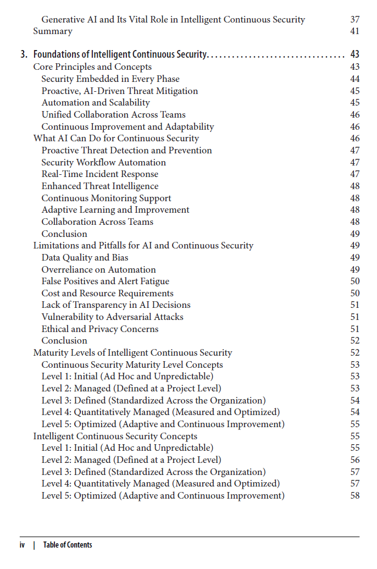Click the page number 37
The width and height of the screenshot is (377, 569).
tap(354, 19)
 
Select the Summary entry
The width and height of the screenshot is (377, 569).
tap(53, 31)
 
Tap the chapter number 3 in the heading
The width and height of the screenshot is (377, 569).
tap(23, 54)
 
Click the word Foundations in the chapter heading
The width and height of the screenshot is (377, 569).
tap(56, 54)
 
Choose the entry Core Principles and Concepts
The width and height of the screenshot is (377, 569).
tap(92, 67)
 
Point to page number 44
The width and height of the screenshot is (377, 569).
tap(354, 79)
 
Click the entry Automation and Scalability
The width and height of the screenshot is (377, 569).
tap(96, 103)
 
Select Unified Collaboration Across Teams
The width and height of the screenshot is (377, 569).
tap(113, 115)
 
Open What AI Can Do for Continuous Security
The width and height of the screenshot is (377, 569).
tap(116, 139)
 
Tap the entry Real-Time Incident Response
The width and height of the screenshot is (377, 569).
tap(100, 174)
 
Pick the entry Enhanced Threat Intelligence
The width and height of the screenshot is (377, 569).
tap(100, 186)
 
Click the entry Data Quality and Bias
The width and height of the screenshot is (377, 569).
tap(85, 258)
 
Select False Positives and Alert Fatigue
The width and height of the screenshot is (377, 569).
tap(106, 281)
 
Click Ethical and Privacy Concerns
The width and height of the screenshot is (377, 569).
tap(100, 329)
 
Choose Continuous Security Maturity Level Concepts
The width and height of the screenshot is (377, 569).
tap(132, 365)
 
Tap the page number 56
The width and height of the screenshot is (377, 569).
tap(354, 460)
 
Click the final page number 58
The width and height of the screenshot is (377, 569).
tap(354, 496)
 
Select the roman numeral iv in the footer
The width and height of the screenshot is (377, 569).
tap(23, 545)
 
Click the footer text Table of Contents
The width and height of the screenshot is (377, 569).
tap(68, 545)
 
